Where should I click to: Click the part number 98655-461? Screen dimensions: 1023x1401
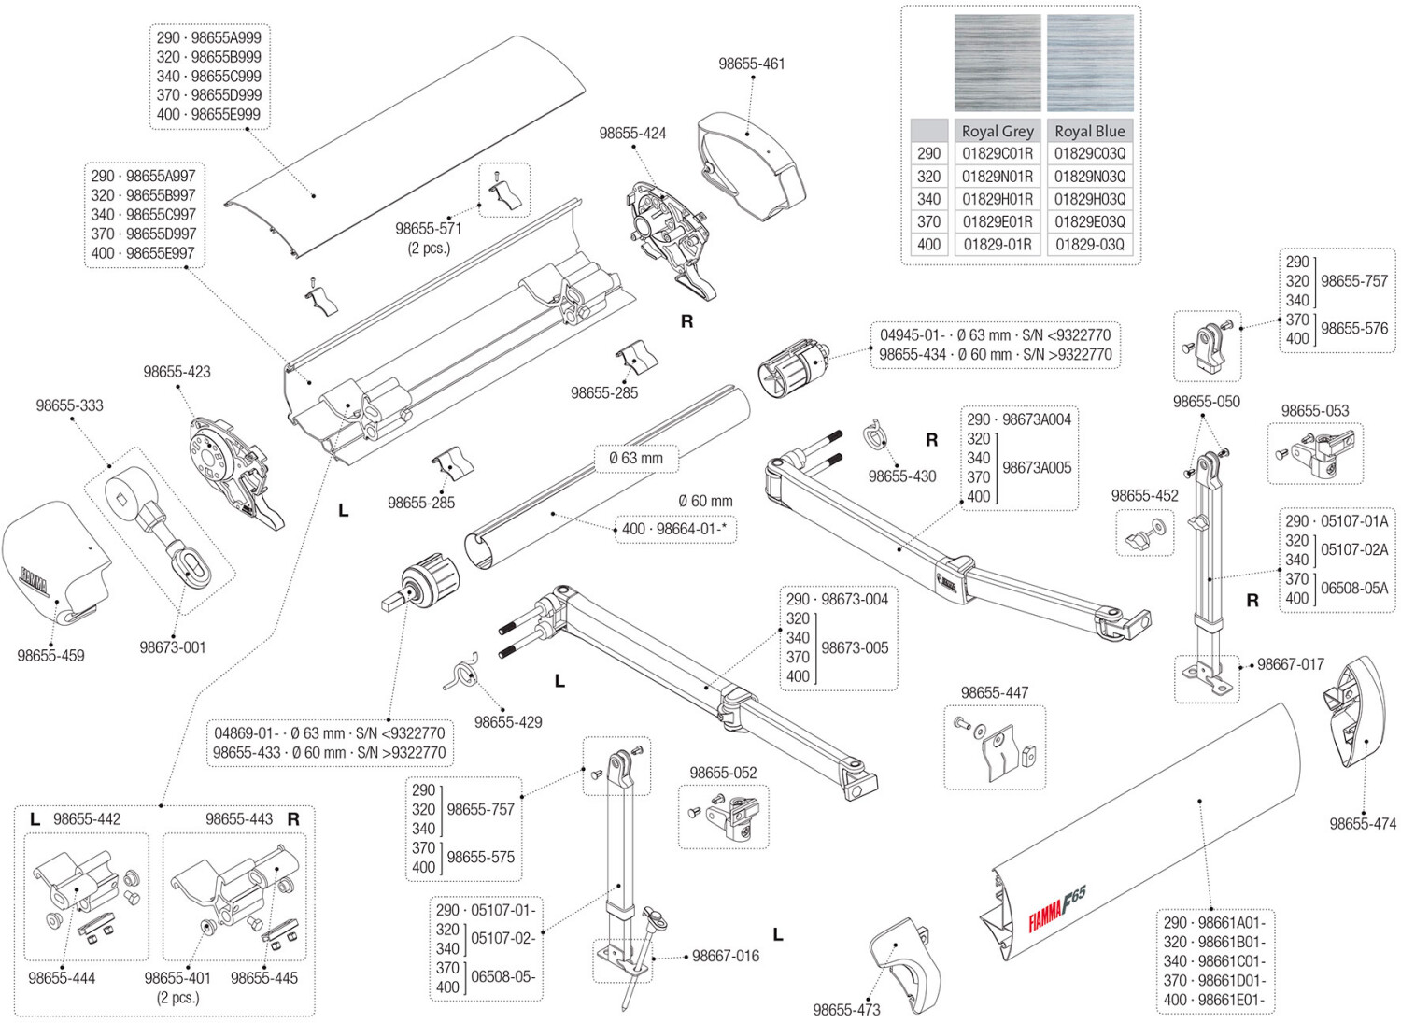coord(751,64)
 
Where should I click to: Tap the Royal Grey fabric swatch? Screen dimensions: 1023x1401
coord(997,63)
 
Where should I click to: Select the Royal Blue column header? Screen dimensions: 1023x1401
coord(1089,131)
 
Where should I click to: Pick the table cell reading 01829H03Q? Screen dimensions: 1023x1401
coord(1089,199)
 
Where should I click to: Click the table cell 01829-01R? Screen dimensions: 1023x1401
coord(997,245)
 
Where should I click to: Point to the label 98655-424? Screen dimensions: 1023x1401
coord(632,134)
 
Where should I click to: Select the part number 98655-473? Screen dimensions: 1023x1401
coord(846,1009)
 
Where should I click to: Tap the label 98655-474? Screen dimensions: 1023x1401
coord(1363,823)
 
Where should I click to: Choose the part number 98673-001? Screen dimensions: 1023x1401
coord(172,647)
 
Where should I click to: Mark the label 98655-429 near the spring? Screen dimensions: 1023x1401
coord(507,722)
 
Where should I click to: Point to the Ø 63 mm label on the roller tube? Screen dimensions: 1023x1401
coord(635,458)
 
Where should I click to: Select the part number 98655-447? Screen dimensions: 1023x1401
coord(994,692)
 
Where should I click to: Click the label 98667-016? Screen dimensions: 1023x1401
coord(725,956)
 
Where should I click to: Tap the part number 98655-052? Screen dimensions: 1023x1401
coord(723,773)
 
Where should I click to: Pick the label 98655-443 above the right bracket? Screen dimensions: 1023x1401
coord(239,818)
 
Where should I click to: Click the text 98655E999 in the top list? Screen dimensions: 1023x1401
coord(226,114)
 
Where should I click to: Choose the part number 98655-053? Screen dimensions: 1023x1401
coord(1314,410)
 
